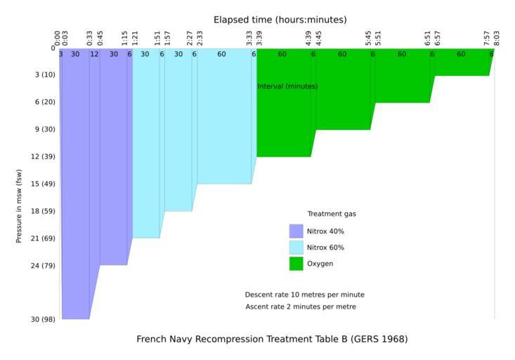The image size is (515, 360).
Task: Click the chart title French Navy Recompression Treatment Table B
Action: point(272,339)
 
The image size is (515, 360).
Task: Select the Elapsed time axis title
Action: point(280,20)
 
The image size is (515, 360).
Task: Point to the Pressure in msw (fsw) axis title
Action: point(19,206)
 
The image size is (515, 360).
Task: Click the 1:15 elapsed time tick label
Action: point(124,38)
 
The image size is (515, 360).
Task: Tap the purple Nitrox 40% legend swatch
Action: point(296,231)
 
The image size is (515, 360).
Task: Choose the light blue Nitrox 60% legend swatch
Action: point(296,247)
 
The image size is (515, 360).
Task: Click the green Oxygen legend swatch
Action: point(296,264)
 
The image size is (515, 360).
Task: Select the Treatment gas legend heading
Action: point(327,214)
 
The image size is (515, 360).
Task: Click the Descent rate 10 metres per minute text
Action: point(304,295)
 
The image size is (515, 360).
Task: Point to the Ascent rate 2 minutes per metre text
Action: point(300,307)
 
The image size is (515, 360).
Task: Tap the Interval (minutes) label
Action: point(287,86)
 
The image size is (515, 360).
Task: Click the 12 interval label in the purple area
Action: point(94,54)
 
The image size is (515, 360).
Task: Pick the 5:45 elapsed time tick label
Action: point(369,38)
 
